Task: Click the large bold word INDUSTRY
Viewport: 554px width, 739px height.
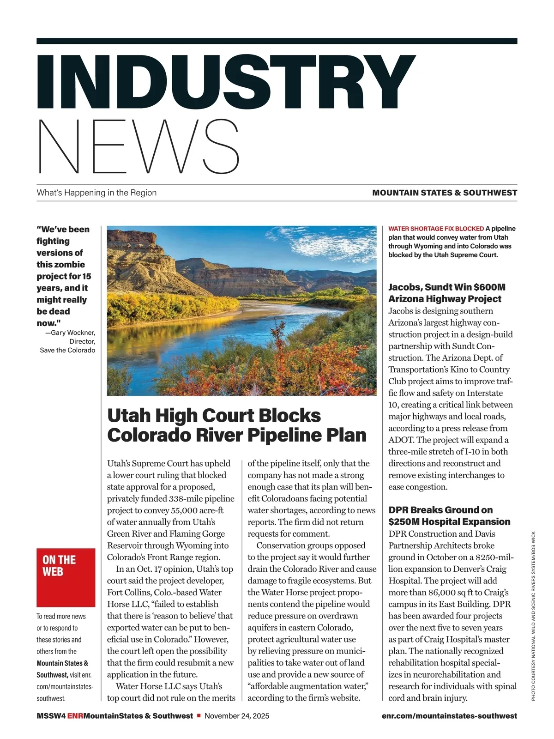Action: tap(226, 82)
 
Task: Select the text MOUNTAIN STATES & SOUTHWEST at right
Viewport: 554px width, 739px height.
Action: tap(445, 193)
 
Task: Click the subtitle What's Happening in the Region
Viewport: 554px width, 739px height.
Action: tap(96, 193)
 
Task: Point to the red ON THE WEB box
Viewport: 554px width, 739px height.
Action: tap(66, 577)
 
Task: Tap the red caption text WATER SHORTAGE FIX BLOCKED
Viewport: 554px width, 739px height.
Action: tap(436, 229)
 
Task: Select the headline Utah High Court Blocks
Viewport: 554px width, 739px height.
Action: tap(214, 415)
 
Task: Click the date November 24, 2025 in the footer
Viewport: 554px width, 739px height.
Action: tap(237, 716)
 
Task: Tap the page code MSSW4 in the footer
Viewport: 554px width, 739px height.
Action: tap(51, 716)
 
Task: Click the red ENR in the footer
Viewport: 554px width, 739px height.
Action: tap(75, 716)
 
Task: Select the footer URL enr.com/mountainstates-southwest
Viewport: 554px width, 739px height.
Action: tap(449, 716)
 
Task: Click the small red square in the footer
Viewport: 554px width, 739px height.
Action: tap(199, 716)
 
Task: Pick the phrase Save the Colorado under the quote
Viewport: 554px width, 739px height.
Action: tap(67, 350)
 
